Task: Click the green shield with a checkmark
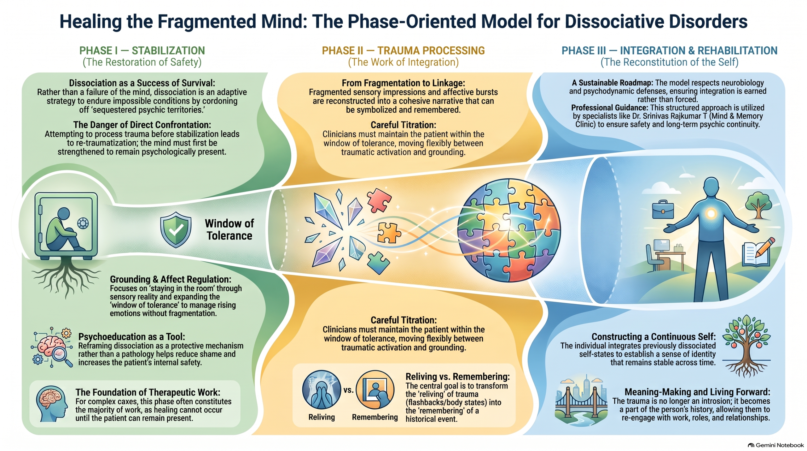click(176, 230)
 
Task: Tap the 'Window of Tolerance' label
click(229, 229)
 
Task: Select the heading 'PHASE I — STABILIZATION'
click(142, 50)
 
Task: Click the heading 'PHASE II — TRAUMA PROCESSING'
click(403, 50)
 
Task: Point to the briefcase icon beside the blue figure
click(663, 210)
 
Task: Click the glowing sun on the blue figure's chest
click(711, 214)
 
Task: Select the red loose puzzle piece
click(379, 200)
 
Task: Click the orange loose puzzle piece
click(389, 233)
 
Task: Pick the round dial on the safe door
click(83, 223)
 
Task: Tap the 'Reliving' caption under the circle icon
click(322, 417)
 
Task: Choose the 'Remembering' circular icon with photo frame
click(375, 390)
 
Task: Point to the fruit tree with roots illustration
click(746, 346)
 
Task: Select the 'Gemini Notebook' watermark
click(776, 445)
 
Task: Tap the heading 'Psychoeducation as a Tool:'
click(131, 336)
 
